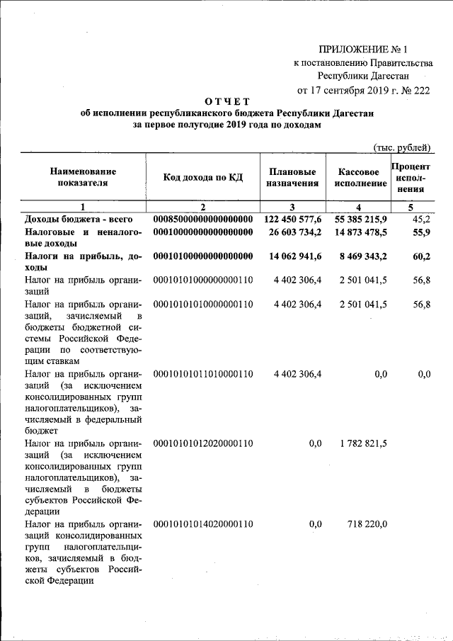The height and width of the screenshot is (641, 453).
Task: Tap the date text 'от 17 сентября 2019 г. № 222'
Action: [363, 90]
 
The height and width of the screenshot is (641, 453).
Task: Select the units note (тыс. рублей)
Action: [401, 147]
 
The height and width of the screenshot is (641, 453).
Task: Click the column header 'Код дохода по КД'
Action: [202, 177]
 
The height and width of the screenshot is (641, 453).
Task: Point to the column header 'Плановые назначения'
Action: [293, 177]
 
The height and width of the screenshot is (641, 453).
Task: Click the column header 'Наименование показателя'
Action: [83, 177]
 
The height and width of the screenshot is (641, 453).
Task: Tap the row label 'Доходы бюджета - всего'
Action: [74, 219]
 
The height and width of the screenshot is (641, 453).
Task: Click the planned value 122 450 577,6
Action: [293, 219]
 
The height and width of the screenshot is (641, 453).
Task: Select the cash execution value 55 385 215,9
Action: [358, 219]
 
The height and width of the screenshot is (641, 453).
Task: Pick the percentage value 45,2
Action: [420, 219]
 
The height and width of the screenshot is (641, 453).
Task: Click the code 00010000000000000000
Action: [202, 232]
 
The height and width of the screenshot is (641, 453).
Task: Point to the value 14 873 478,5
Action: [358, 232]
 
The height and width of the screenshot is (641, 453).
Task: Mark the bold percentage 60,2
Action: [420, 256]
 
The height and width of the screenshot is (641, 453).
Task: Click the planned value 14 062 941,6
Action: [293, 256]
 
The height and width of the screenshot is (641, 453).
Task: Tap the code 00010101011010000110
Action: [202, 374]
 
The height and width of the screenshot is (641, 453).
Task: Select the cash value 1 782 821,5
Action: [363, 443]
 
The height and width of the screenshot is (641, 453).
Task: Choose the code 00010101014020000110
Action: [202, 523]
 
